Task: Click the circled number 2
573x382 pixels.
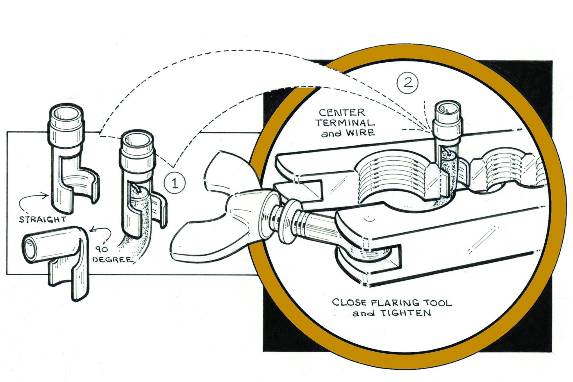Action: point(408,83)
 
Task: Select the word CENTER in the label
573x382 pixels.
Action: point(342,113)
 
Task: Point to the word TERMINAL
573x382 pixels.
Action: point(345,123)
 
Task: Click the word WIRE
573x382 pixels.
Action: point(360,132)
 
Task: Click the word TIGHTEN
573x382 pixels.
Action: point(406,313)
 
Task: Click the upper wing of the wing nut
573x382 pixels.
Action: point(228,171)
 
